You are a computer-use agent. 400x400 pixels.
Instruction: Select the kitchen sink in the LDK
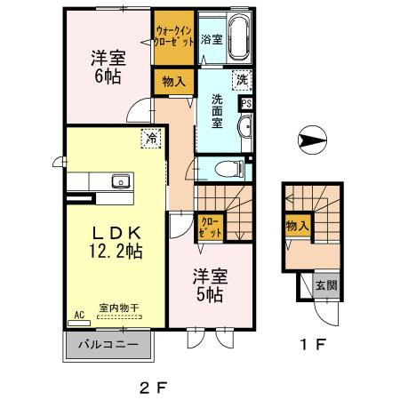coord(119,181)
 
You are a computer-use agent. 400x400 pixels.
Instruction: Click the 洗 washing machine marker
coord(242,79)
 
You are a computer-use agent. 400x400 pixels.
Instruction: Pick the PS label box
coord(246,102)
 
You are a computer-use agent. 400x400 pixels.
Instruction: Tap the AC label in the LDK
coord(78,315)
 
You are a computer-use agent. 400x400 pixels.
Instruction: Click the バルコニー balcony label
coord(106,343)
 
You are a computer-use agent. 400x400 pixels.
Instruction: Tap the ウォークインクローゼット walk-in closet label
coord(173,36)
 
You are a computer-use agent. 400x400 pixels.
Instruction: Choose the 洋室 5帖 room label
coord(210,284)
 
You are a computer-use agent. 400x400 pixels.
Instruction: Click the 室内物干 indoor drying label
coord(118,308)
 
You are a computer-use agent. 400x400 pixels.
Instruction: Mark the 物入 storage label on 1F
coord(297,227)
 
